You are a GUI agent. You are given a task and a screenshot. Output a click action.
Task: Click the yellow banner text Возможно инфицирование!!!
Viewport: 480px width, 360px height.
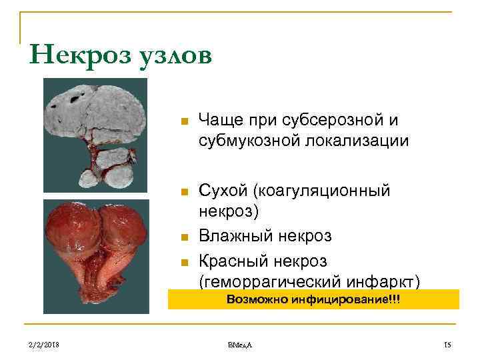click(313, 299)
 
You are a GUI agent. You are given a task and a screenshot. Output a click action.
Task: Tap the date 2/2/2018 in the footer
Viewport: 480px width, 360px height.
click(44, 344)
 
